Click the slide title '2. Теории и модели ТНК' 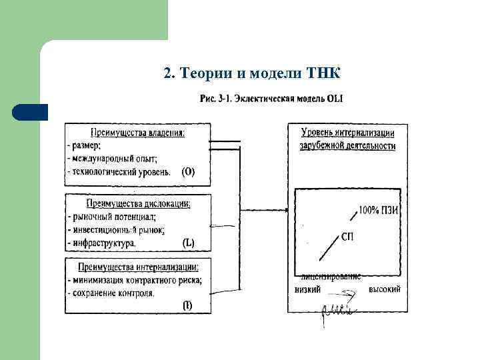252,73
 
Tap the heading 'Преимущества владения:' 137,132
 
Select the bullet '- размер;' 84,145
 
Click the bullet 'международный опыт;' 114,158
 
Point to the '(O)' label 189,171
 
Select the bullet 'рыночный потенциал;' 113,217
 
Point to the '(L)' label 189,243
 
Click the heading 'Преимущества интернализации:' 138,267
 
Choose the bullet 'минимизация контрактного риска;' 136,280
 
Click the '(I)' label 189,305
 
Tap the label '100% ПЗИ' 378,210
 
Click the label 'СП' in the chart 347,237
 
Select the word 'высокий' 384,290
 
